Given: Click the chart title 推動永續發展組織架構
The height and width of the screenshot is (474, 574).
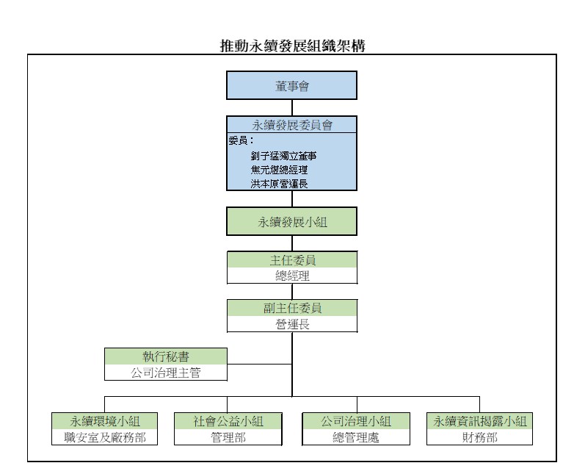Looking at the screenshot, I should [293, 46].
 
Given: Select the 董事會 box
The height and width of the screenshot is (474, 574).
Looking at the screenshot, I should [292, 86].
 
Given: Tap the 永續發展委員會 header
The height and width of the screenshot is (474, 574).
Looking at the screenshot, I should [292, 125].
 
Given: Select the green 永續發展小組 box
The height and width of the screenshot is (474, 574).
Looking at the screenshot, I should [292, 223].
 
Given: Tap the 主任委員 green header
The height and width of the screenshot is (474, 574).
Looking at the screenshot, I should [292, 260].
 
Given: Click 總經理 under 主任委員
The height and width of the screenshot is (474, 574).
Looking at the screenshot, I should [292, 276].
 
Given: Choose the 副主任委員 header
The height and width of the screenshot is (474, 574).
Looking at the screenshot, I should [292, 308].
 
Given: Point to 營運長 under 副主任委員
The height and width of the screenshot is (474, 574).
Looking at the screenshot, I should [292, 323].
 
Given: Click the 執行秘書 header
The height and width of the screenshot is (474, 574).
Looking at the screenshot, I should [165, 356].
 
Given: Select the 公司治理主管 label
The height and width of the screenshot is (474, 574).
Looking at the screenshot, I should [165, 372].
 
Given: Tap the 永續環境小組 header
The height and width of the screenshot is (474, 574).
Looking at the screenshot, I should [104, 421].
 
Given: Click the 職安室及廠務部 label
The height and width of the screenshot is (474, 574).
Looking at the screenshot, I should [104, 437].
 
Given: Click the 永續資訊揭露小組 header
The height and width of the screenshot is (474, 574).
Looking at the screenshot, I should [480, 421].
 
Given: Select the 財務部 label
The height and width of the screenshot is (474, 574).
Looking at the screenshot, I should [480, 437].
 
